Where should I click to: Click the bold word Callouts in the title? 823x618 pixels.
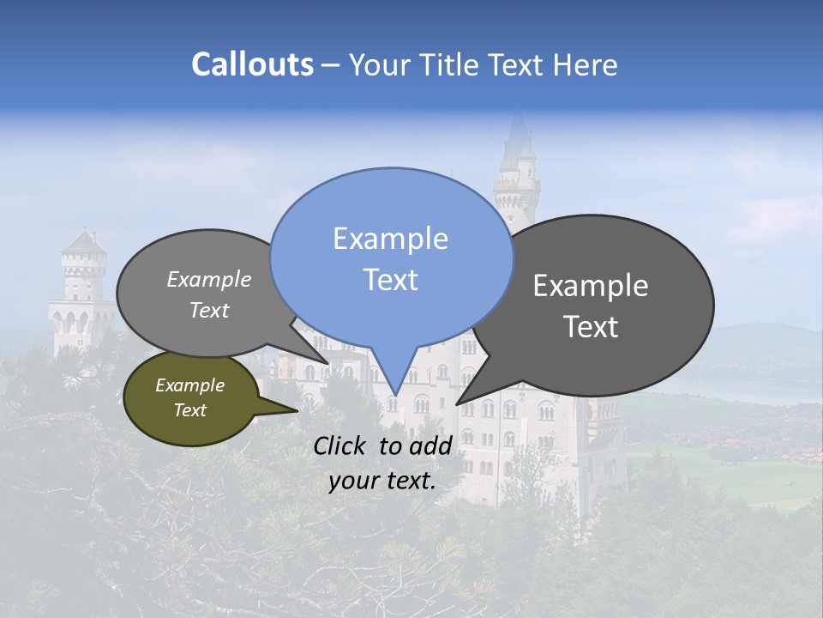pyautogui.click(x=252, y=64)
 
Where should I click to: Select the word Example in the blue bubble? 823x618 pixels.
pyautogui.click(x=390, y=239)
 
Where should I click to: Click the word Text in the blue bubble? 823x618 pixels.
pyautogui.click(x=390, y=280)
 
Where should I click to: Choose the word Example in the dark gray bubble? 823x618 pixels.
pyautogui.click(x=591, y=286)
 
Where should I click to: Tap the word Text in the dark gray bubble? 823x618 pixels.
pyautogui.click(x=591, y=327)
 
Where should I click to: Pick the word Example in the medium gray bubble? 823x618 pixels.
pyautogui.click(x=209, y=279)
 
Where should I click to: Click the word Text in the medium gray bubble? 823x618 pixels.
pyautogui.click(x=209, y=310)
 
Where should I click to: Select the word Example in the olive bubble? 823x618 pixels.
pyautogui.click(x=189, y=385)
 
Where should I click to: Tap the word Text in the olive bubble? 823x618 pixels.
pyautogui.click(x=189, y=410)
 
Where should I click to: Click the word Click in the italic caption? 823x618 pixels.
pyautogui.click(x=341, y=445)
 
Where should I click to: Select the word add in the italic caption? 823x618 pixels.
pyautogui.click(x=430, y=445)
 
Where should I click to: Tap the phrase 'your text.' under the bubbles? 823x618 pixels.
pyautogui.click(x=382, y=481)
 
